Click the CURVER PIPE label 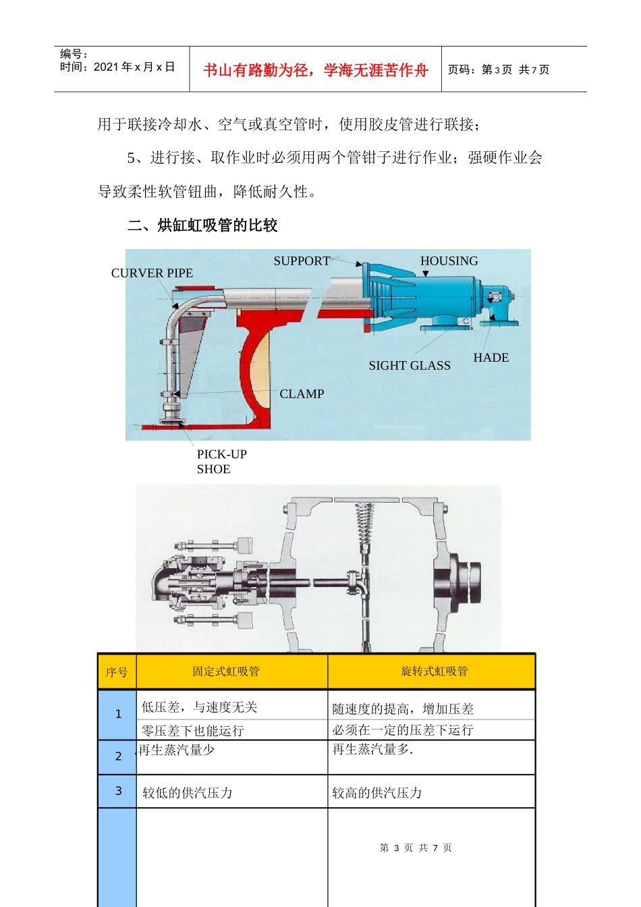click(152, 273)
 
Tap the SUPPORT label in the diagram click(302, 261)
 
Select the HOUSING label click(449, 261)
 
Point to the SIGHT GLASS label click(409, 366)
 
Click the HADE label click(491, 358)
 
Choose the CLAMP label click(302, 394)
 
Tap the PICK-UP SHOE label click(221, 462)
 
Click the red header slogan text click(315, 70)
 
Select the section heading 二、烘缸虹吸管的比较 click(202, 225)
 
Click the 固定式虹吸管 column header click(225, 671)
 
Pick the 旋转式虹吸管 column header click(434, 671)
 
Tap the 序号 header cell click(117, 672)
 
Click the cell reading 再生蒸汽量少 click(177, 750)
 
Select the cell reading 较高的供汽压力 click(377, 793)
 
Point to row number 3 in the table click(118, 791)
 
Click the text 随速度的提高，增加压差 click(403, 709)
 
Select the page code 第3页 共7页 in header click(499, 70)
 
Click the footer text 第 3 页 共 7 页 click(416, 848)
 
